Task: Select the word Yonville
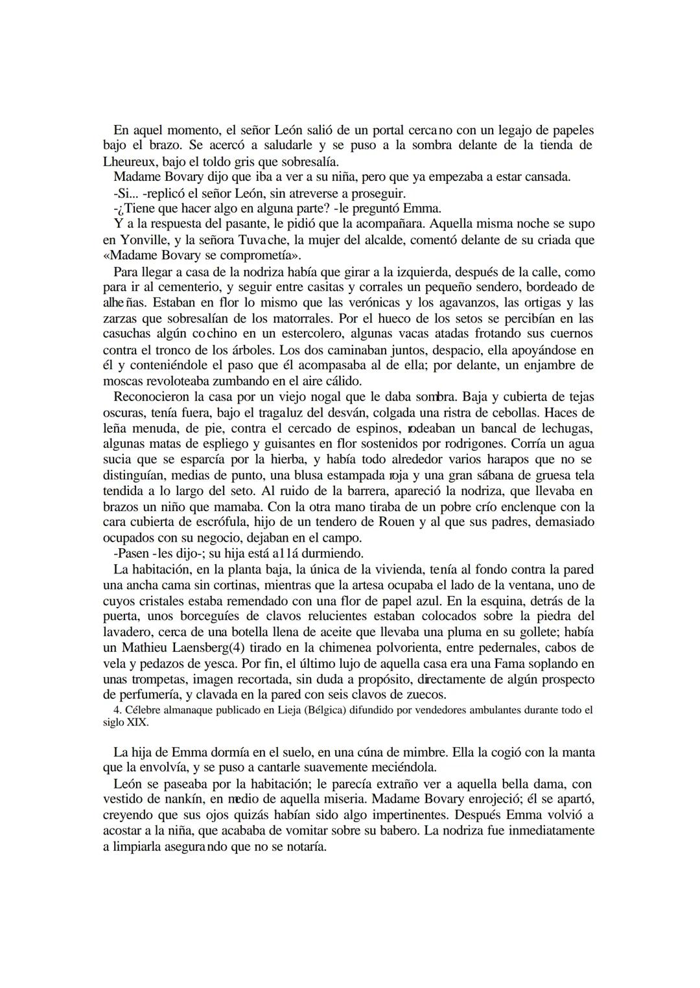139,240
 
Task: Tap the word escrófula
227,522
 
